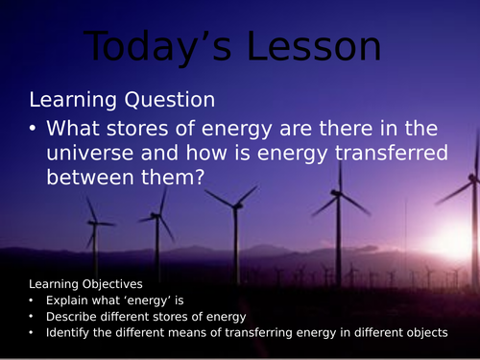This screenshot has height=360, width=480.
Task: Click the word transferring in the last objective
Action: tap(248, 332)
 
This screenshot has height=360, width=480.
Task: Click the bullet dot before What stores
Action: tap(36, 129)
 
